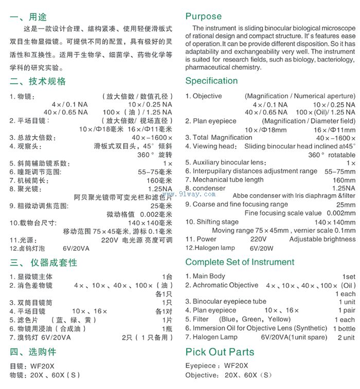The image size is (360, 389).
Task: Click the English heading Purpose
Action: (x=203, y=16)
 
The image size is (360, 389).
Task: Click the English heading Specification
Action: (x=211, y=81)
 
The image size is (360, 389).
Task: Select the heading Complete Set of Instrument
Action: (x=240, y=262)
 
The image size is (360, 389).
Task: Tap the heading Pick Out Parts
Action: (x=220, y=352)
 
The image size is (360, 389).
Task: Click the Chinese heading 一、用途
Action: (x=28, y=17)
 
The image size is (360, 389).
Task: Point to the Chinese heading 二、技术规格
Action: (x=38, y=81)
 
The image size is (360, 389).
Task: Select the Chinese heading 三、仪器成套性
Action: (x=43, y=262)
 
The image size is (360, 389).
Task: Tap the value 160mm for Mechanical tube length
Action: (x=344, y=180)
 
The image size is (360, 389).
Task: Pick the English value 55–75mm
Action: (x=340, y=172)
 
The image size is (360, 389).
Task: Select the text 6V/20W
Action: (x=262, y=248)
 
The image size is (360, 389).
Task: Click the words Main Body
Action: (x=209, y=276)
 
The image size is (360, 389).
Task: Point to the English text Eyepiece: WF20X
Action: (x=217, y=365)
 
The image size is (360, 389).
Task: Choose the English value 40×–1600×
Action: (x=335, y=138)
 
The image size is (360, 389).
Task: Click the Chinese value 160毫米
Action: (x=159, y=180)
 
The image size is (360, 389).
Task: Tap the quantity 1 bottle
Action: (x=343, y=328)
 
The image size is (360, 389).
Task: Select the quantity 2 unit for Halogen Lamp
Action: (x=346, y=337)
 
